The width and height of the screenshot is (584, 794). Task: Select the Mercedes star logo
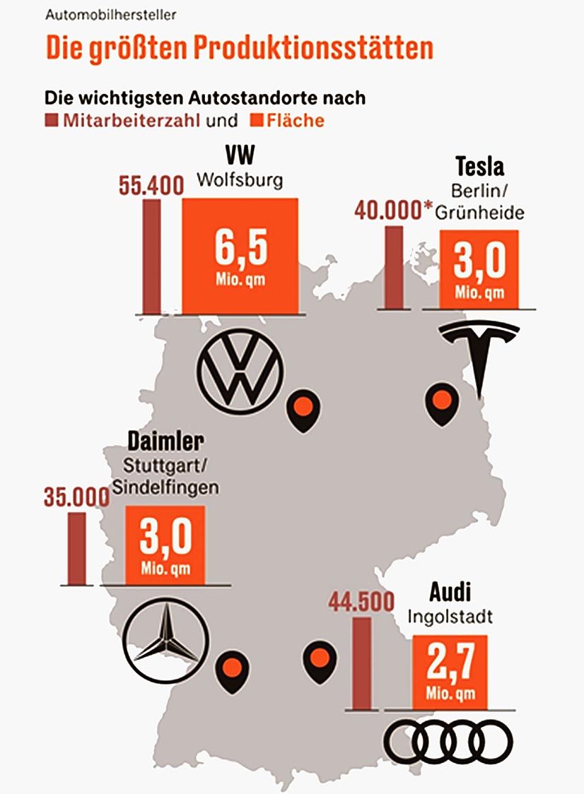coord(165,641)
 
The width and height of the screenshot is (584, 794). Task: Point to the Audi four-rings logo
coord(448,742)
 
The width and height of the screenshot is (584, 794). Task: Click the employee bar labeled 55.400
coord(151,256)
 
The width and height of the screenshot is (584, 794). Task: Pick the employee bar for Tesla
coord(394,267)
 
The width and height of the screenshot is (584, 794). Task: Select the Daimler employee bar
coord(76,549)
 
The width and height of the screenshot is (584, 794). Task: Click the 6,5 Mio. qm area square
coord(240,256)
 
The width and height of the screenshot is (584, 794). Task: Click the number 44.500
coord(361,603)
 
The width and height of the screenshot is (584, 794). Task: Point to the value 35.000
coord(76,497)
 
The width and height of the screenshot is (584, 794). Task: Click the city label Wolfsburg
coord(240,180)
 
